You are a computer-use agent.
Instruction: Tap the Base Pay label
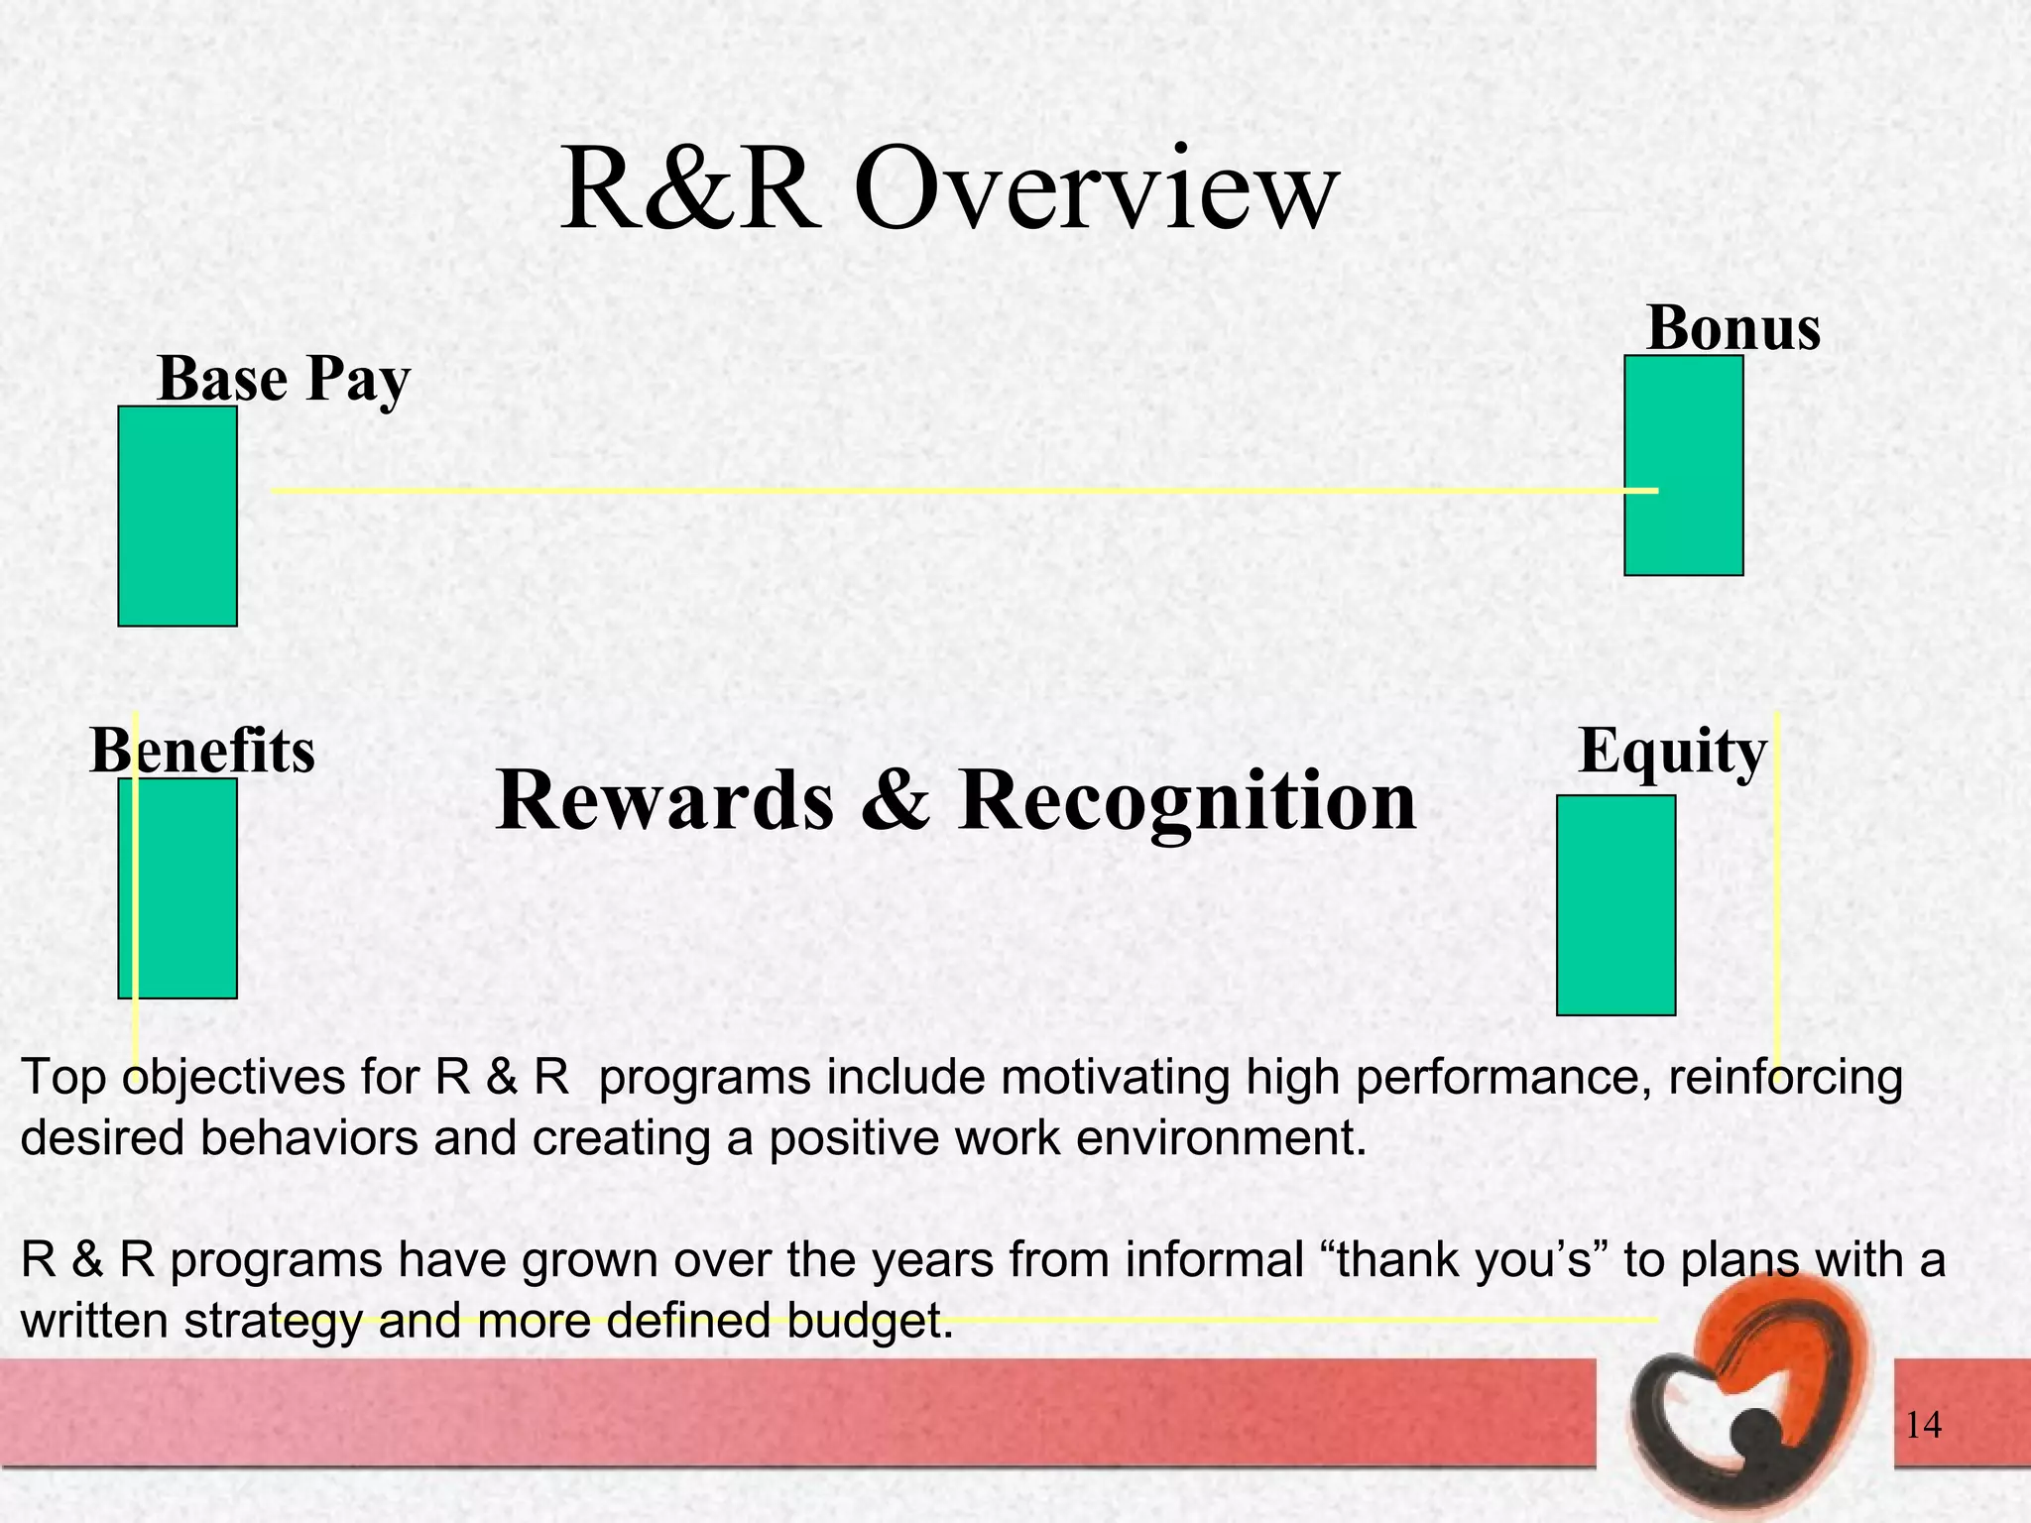[x=284, y=379]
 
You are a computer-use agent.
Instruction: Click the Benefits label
[x=202, y=751]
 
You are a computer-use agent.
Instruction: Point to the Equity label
[x=1672, y=751]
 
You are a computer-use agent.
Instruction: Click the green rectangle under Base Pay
[x=178, y=516]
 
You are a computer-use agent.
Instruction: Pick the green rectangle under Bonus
[x=1683, y=465]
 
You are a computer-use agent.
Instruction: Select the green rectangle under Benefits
[x=178, y=887]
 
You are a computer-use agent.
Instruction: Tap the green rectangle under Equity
[x=1615, y=905]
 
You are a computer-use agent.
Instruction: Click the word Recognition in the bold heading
[x=1187, y=801]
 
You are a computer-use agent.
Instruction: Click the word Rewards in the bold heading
[x=664, y=801]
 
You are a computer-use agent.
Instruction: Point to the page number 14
[x=1923, y=1425]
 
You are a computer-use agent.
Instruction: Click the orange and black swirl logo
[x=1747, y=1398]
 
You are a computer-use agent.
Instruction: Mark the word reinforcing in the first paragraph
[x=1785, y=1078]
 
